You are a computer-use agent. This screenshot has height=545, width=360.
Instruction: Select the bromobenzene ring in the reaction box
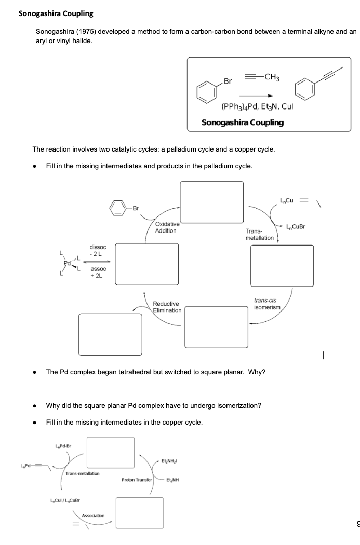pos(206,90)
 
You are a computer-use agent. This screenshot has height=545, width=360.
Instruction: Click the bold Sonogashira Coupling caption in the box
pos(242,122)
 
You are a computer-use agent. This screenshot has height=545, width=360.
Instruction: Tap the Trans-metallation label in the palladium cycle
pos(259,234)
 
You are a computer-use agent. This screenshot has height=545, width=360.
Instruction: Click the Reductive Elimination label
pos(167,307)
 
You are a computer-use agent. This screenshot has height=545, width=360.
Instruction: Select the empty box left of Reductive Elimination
pos(110,334)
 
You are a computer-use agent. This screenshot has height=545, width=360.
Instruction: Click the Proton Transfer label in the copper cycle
pos(136,480)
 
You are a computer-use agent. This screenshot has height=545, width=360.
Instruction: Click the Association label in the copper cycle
pos(93,516)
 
